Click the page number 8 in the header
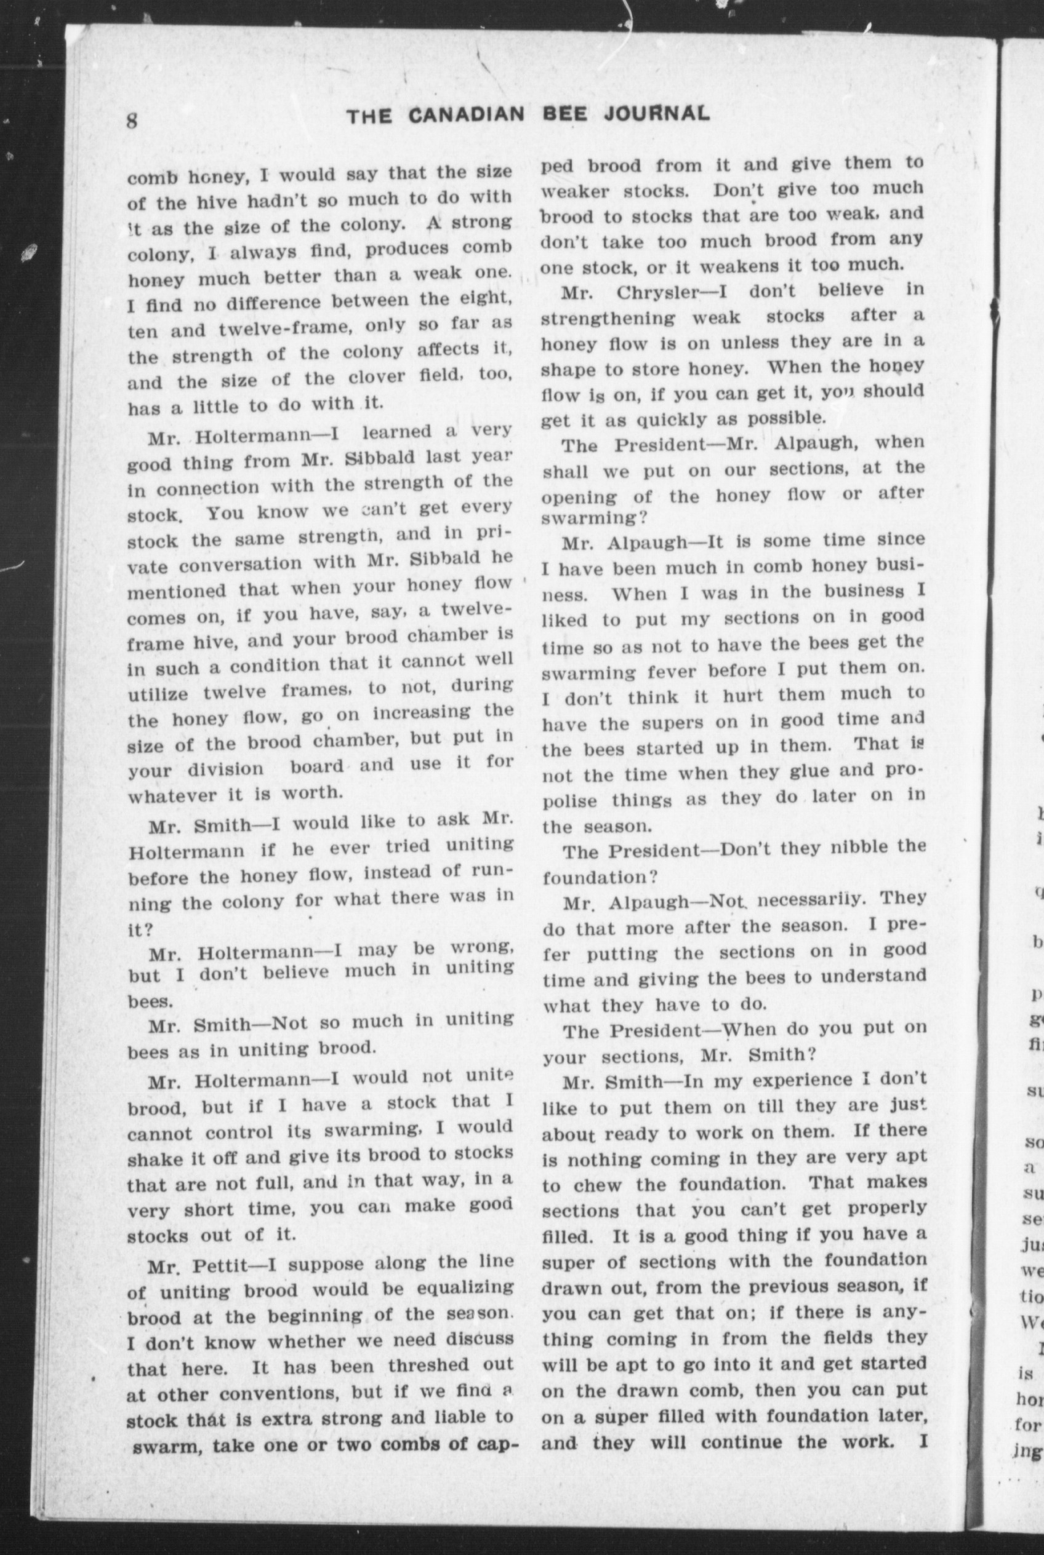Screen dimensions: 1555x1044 (x=132, y=121)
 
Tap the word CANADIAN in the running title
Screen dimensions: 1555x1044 (x=465, y=116)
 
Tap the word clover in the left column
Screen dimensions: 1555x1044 (x=377, y=377)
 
